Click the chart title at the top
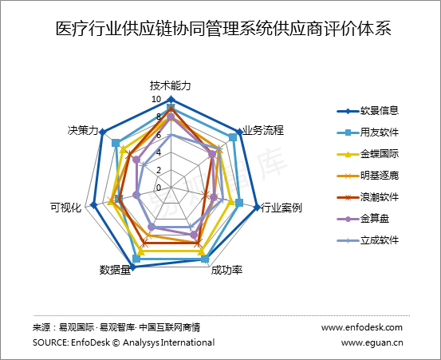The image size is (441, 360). [223, 29]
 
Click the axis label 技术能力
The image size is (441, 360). [171, 85]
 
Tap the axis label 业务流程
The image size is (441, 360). [263, 130]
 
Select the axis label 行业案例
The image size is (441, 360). [282, 208]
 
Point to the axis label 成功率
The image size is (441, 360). [226, 270]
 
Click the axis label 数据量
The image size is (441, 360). [116, 270]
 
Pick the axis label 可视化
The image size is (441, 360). [66, 208]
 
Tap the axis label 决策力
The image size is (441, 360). [83, 130]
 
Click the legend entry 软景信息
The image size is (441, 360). [368, 111]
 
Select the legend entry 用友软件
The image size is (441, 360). [368, 133]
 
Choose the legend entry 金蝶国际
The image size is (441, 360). [368, 154]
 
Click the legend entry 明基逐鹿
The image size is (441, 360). [368, 176]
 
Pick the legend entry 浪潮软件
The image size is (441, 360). [368, 197]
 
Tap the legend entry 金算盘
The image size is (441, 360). [363, 219]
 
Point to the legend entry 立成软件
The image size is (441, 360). [368, 240]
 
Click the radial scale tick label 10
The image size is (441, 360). [156, 99]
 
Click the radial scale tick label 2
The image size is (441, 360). [159, 170]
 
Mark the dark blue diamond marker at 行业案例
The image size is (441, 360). [257, 208]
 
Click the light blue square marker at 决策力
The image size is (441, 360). [116, 143]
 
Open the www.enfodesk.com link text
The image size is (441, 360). [362, 327]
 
